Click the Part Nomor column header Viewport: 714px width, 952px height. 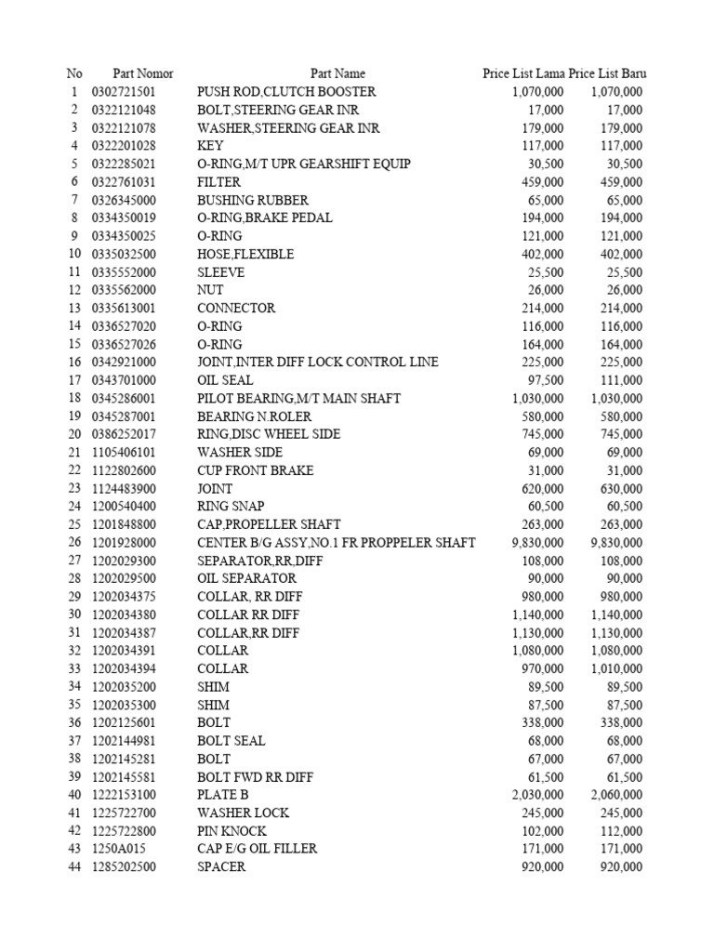coord(143,73)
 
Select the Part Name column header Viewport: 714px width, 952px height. coord(337,73)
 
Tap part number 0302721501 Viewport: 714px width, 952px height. coord(125,92)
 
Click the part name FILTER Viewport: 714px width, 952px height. coord(219,182)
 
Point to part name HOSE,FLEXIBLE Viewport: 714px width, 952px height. coord(245,254)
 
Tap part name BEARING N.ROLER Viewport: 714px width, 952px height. coord(255,416)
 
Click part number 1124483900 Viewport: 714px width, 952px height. coord(125,488)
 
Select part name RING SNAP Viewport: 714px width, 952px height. coord(231,507)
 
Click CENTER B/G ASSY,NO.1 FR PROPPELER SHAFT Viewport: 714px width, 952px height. coord(337,542)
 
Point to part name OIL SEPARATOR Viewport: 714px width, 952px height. coord(247,578)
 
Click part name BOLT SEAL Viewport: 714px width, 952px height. coord(231,741)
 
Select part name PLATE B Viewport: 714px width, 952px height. coord(223,795)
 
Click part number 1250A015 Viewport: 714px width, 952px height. coord(118,849)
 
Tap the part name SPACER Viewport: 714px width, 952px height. coord(221,866)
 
